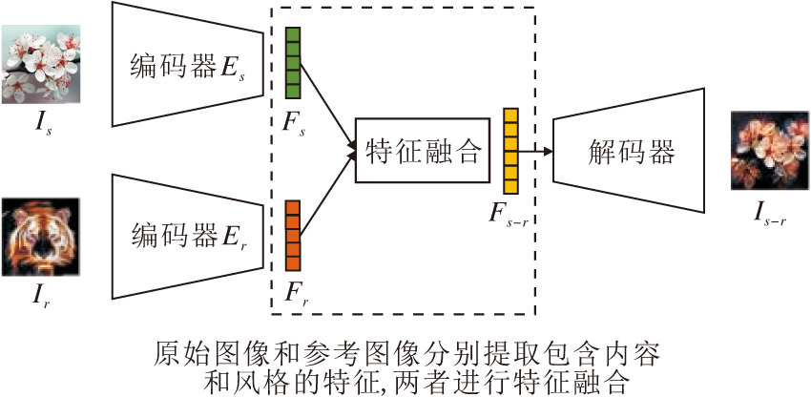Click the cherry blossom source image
click(x=40, y=64)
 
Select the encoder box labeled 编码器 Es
click(x=181, y=65)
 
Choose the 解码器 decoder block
click(x=630, y=151)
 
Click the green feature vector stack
click(x=293, y=63)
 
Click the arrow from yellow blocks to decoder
click(x=536, y=151)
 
